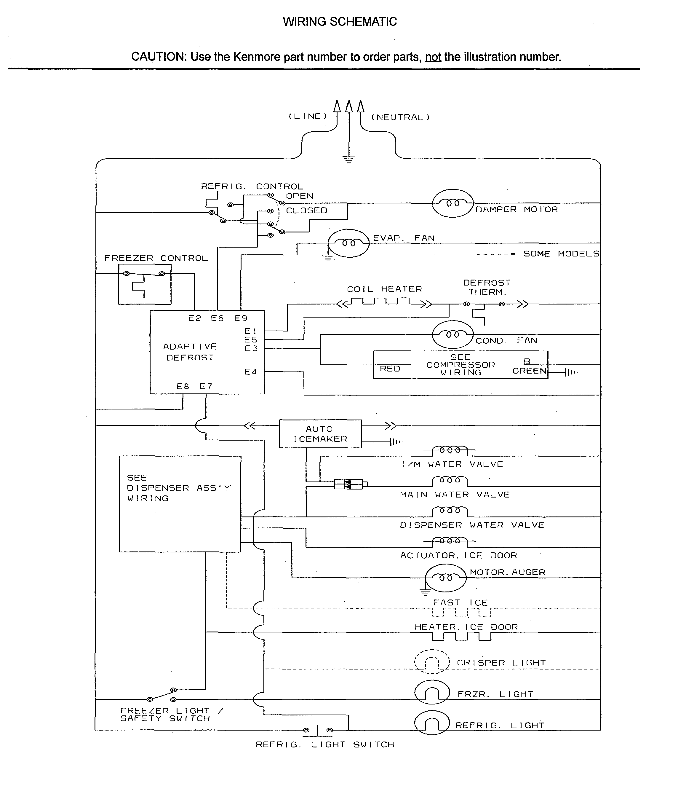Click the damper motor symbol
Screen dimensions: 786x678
click(x=453, y=203)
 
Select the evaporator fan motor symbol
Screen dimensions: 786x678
click(x=348, y=243)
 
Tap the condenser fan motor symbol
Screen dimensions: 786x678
click(x=452, y=334)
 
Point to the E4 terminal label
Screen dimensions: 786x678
click(x=250, y=372)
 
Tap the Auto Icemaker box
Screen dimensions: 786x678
click(x=320, y=433)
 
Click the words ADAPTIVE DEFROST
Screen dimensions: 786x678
click(x=190, y=352)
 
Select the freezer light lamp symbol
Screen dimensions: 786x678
click(x=432, y=692)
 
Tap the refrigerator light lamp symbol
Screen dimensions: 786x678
click(x=432, y=723)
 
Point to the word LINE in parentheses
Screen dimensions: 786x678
click(x=308, y=117)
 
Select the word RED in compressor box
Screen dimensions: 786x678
click(x=390, y=369)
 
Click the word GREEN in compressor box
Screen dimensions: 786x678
click(x=529, y=371)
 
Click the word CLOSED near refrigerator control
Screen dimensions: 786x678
click(x=306, y=211)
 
